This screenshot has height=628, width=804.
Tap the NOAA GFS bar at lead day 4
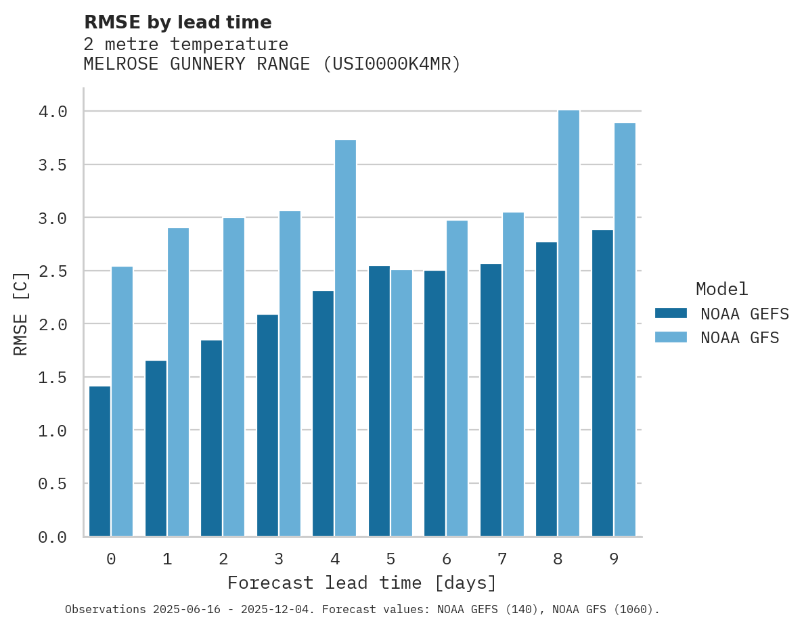[x=345, y=338]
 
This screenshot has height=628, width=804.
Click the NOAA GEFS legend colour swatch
[x=671, y=313]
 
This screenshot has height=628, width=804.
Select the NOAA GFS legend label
[x=740, y=338]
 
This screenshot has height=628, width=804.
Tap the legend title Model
[x=721, y=290]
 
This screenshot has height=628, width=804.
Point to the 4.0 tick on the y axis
[x=53, y=112]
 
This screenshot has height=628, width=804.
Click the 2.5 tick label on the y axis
[x=53, y=271]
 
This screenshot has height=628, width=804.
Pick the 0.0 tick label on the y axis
[x=53, y=537]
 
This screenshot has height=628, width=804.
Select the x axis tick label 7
[x=501, y=559]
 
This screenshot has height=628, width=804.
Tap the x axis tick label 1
[x=167, y=559]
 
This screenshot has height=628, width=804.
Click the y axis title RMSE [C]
[x=21, y=313]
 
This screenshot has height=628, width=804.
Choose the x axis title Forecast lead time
[x=362, y=583]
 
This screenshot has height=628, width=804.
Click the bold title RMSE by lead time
[x=177, y=22]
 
